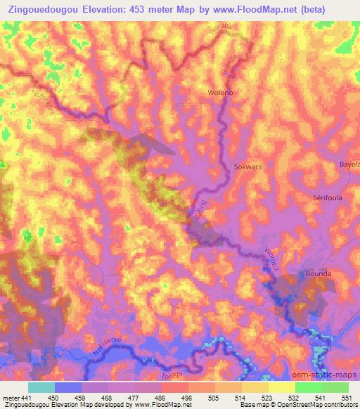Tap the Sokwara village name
tap(247, 168)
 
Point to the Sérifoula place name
tap(327, 198)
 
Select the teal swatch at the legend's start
tap(41, 387)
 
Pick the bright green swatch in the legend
tap(308, 387)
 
